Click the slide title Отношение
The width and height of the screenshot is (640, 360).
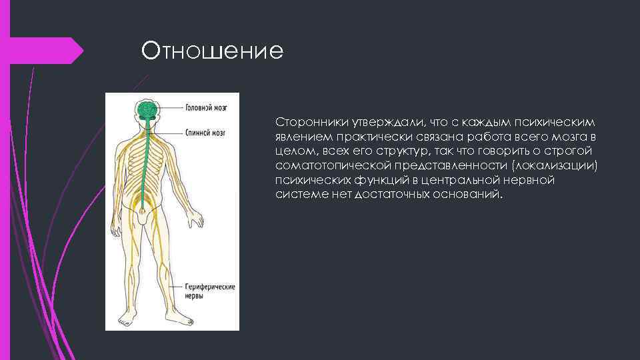[212, 51]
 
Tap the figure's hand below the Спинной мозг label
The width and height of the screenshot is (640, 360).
[196, 220]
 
